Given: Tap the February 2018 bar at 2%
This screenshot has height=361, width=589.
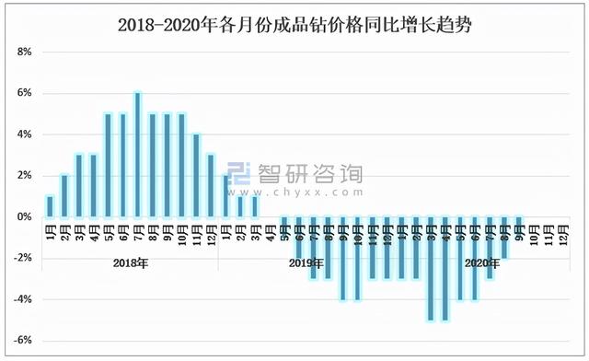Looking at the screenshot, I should [x=64, y=196].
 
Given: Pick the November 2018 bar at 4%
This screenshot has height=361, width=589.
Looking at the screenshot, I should [x=196, y=176].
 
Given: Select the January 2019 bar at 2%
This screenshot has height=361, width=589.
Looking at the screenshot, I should [x=225, y=196].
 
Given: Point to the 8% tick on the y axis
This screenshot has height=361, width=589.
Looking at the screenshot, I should [x=25, y=52].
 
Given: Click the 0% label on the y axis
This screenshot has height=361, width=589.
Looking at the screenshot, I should [x=25, y=217].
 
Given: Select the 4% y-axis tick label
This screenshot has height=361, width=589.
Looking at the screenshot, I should [x=25, y=134].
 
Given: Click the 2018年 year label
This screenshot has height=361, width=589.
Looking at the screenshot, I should [x=131, y=264].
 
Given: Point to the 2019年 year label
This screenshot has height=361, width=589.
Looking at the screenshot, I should [x=306, y=264].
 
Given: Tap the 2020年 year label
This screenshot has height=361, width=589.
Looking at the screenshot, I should [x=482, y=264].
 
